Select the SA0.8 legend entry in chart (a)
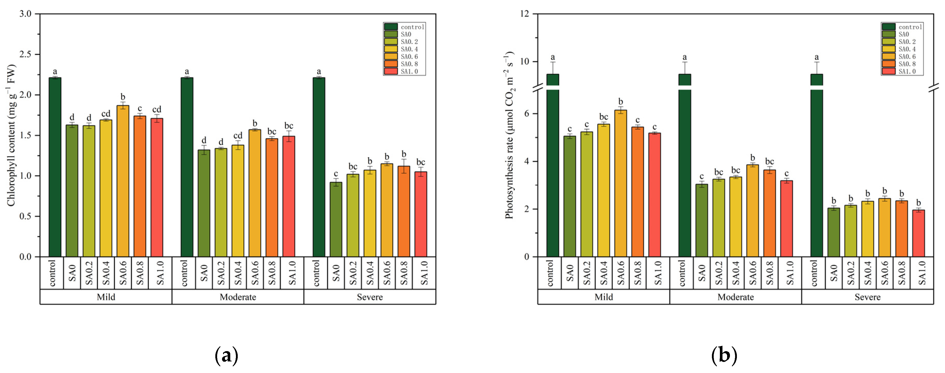click(404, 64)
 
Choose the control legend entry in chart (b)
click(903, 27)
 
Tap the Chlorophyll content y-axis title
click(11, 136)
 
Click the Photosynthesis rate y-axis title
click(509, 136)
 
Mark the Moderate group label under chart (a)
click(238, 297)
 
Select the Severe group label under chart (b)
click(867, 297)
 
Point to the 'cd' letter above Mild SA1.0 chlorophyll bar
click(157, 110)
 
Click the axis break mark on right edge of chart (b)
click(934, 88)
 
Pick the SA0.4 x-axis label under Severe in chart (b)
click(867, 273)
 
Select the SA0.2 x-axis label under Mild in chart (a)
click(89, 273)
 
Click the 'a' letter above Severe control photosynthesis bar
click(816, 57)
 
